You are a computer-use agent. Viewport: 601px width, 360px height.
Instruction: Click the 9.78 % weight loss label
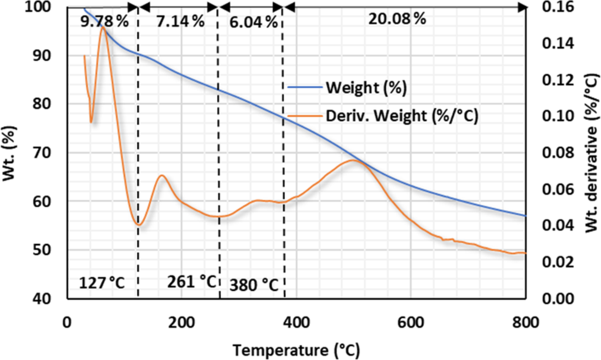tap(104, 21)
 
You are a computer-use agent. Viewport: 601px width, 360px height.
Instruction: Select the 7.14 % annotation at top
tap(180, 21)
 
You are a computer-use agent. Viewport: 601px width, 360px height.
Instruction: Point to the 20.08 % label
tap(397, 19)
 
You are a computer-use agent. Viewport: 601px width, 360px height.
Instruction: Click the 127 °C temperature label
tap(102, 283)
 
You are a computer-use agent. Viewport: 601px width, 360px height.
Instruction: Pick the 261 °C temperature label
tap(192, 281)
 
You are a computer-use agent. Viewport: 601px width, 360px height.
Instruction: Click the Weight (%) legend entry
tap(366, 88)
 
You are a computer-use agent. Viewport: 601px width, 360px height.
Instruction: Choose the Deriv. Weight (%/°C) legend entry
tap(402, 116)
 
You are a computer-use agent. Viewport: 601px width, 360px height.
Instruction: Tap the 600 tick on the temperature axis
tap(411, 323)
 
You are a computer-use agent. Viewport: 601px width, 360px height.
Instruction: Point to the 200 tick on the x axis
tap(182, 323)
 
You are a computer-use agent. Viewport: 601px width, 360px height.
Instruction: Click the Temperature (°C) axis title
tap(296, 350)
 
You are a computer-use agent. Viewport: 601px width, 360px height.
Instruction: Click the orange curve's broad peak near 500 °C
tap(353, 160)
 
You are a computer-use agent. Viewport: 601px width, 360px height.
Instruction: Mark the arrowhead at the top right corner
tap(522, 7)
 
